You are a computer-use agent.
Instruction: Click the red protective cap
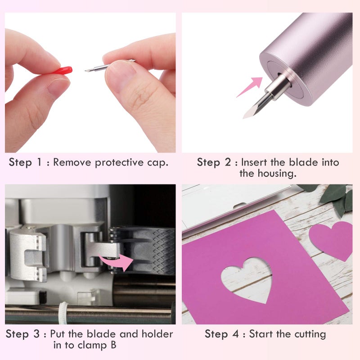point(62,70)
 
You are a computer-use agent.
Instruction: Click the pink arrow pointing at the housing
point(250,86)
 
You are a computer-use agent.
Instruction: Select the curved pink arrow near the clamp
point(117,262)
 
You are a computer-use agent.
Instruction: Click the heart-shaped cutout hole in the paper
point(247,279)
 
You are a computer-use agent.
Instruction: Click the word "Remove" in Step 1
point(72,162)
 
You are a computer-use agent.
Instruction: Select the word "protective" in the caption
point(119,163)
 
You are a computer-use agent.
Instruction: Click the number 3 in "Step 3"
point(36,334)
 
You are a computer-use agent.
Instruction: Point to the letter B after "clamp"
point(113,345)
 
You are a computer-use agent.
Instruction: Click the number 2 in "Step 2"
point(228,162)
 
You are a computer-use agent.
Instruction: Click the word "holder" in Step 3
point(157,334)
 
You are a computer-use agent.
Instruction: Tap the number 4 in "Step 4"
point(235,334)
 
